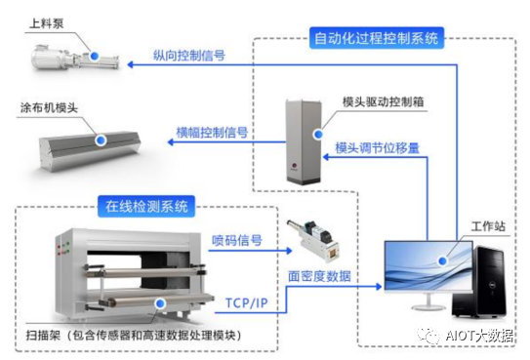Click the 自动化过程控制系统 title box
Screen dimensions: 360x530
coord(376,39)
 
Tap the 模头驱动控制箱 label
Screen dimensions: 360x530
coord(381,102)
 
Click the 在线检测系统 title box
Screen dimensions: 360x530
coord(145,206)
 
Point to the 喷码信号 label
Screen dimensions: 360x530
coord(238,239)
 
